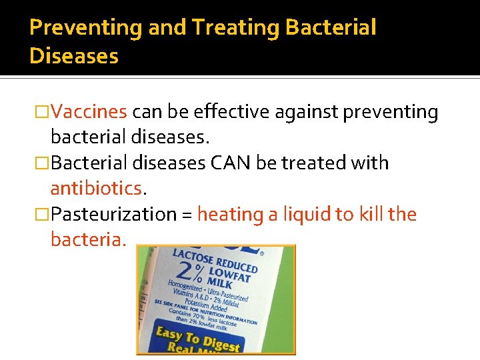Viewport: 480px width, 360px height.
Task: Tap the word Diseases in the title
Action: [74, 56]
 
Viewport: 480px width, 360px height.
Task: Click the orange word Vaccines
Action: [89, 112]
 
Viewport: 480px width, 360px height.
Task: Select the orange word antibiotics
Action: [97, 189]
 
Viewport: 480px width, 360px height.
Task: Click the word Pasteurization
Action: [114, 215]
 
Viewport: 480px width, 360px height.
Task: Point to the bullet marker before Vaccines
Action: [43, 112]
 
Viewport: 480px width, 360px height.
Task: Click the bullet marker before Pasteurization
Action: [43, 215]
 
